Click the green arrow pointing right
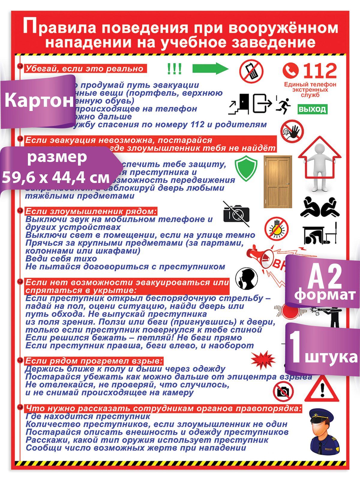point(210,69)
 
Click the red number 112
point(319,71)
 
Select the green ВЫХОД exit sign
point(312,109)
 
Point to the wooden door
point(278,181)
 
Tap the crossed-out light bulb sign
point(276,228)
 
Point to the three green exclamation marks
point(174,69)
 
